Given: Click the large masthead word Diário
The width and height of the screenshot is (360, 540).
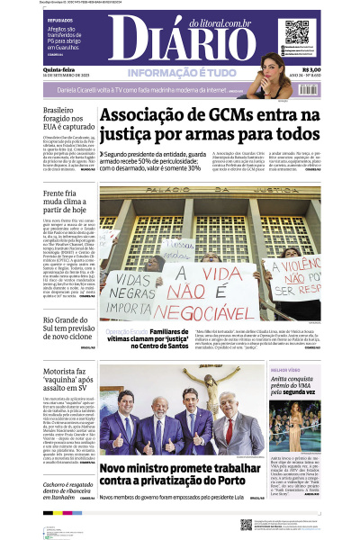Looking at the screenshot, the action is click(184, 41).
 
